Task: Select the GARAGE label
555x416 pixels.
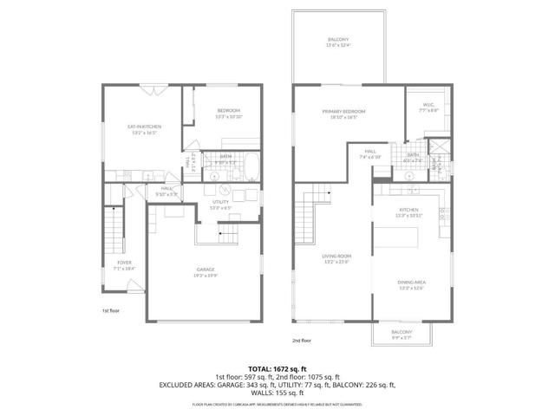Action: tap(205, 272)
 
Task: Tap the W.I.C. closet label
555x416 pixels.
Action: tap(427, 107)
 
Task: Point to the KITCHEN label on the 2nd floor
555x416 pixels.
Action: tap(408, 211)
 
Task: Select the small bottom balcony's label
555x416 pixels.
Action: tap(401, 334)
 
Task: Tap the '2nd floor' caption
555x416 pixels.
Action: tap(301, 341)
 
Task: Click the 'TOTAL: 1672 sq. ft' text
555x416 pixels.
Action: tap(277, 367)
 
